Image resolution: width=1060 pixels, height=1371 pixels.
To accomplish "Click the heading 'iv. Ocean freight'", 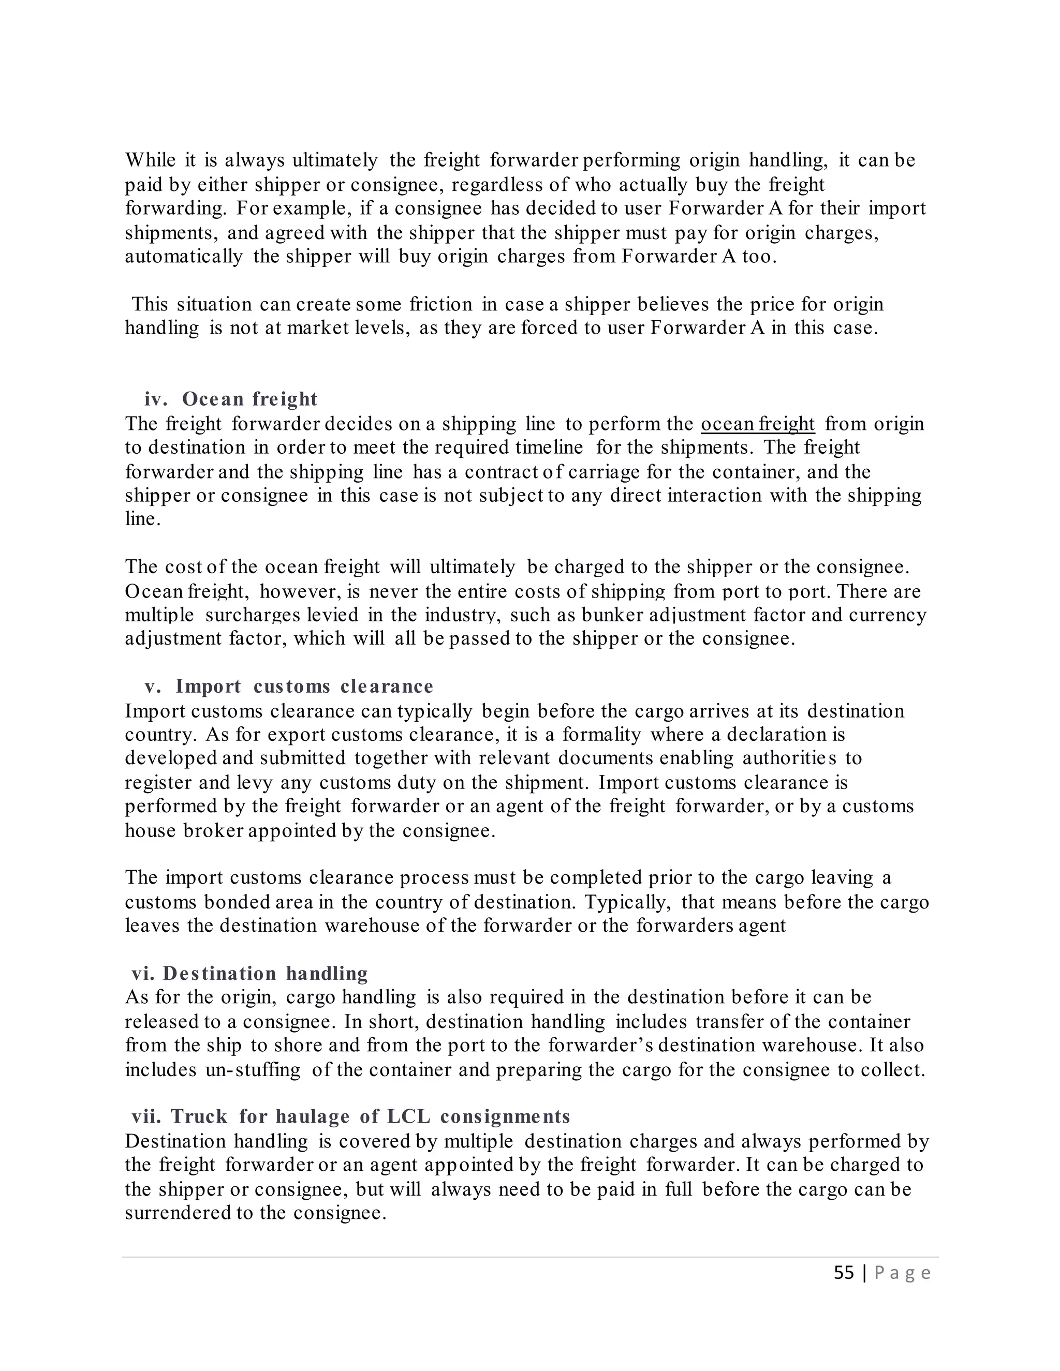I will [231, 399].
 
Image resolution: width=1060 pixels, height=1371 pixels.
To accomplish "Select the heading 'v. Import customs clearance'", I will [289, 686].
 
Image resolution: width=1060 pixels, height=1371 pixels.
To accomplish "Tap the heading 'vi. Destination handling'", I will [249, 974].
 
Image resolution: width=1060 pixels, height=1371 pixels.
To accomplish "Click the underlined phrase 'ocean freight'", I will [757, 424].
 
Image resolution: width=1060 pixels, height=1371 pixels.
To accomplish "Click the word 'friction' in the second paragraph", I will [441, 304].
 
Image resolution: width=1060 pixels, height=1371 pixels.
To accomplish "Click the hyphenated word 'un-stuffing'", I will [253, 1070].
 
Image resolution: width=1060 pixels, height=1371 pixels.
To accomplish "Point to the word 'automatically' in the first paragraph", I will [183, 257].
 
